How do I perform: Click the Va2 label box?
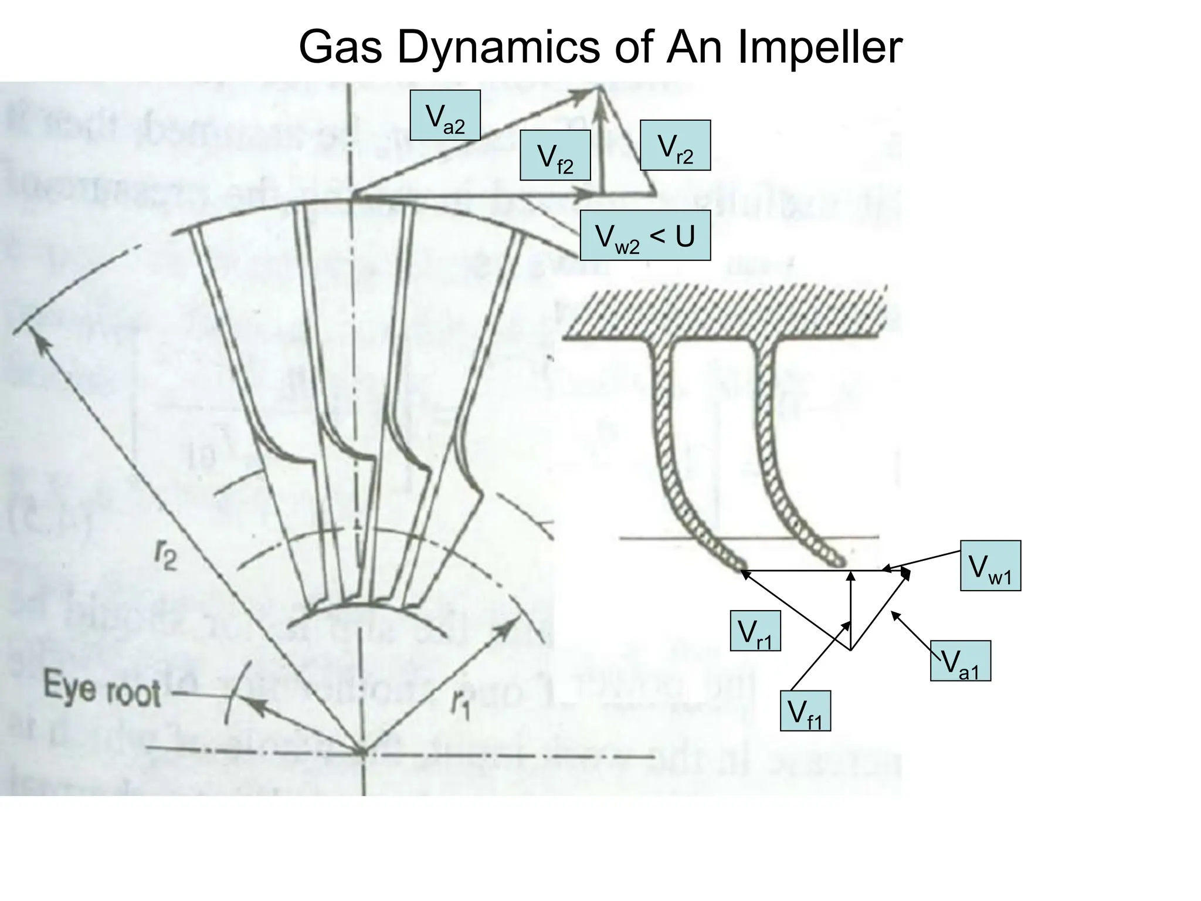point(445,115)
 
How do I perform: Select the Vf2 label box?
point(555,155)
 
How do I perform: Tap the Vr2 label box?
point(675,145)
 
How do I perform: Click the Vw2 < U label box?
point(645,235)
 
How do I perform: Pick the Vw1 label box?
point(990,565)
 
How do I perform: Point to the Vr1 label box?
point(755,631)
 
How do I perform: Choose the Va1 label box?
point(960,660)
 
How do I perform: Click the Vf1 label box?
point(805,711)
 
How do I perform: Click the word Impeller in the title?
point(819,47)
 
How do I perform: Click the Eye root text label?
point(102,690)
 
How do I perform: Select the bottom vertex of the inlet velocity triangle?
point(850,649)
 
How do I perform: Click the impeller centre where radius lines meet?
point(362,751)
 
